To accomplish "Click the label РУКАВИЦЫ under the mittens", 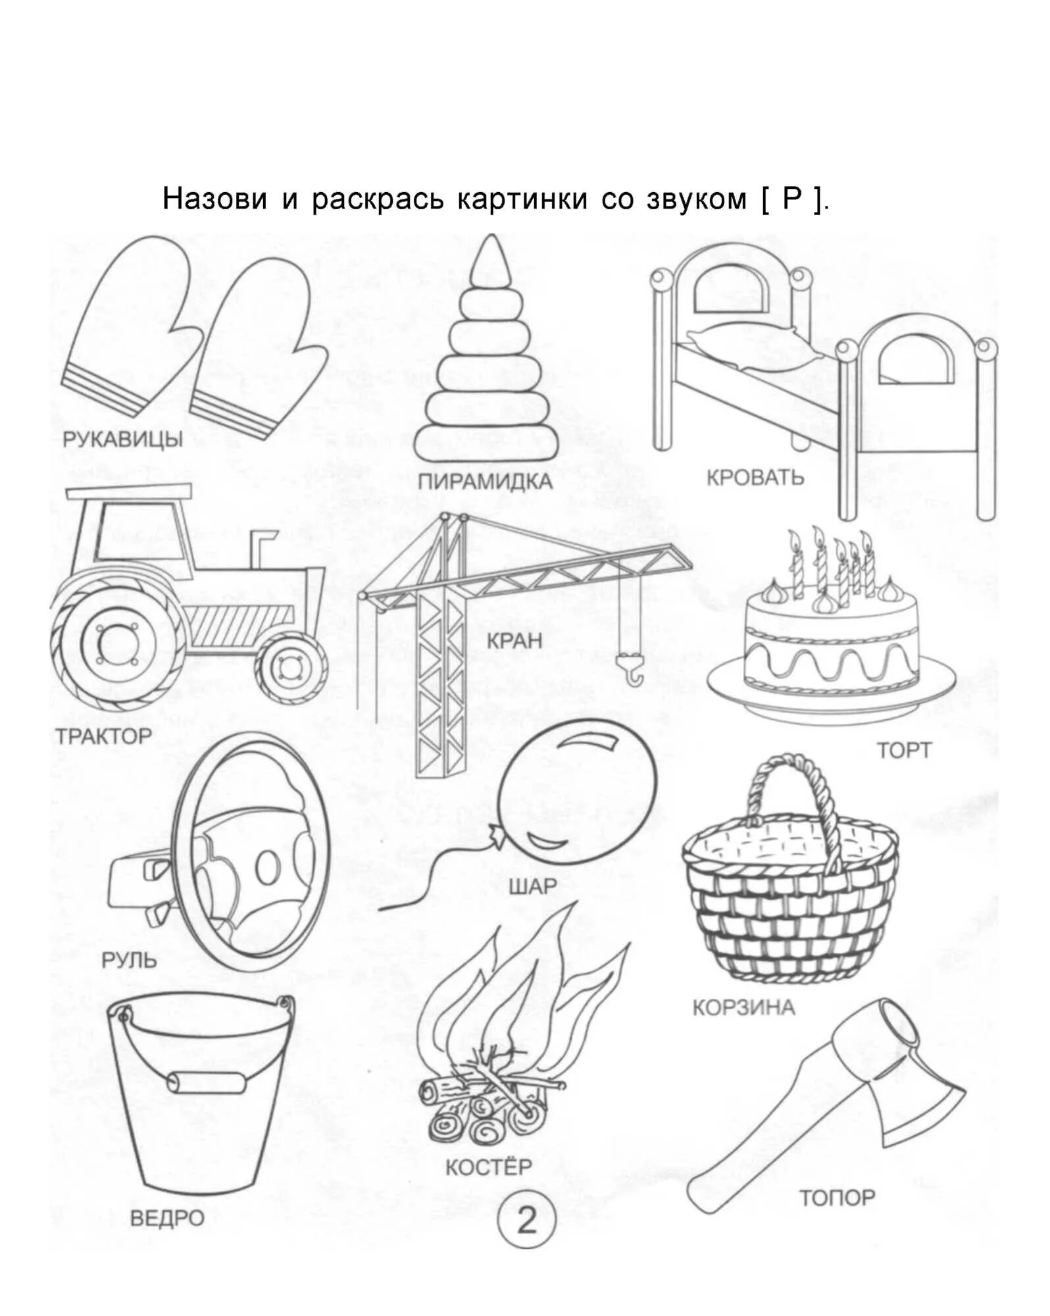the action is (122, 439).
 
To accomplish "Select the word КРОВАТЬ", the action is (755, 477).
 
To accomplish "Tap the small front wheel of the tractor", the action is (290, 669).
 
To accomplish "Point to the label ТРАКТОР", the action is (103, 736).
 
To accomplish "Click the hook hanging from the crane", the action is (632, 671).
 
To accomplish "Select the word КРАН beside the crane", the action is (514, 640).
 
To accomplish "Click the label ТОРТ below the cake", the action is (904, 750).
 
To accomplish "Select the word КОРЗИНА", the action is (743, 1007).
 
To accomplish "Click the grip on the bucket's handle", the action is (206, 1082).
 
